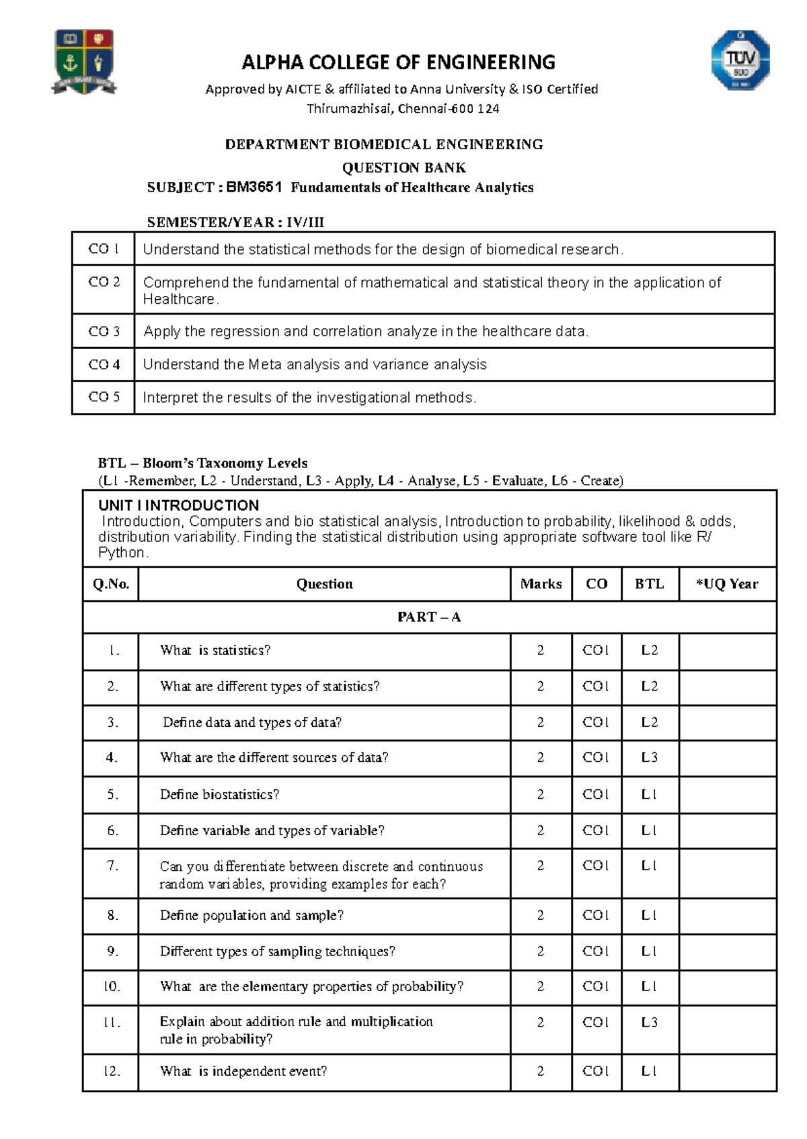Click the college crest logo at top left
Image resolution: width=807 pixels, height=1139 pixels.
(x=84, y=61)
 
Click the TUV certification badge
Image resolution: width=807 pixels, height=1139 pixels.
(x=740, y=60)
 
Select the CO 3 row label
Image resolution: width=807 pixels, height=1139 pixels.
(x=104, y=331)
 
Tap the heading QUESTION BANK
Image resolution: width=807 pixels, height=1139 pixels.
(x=403, y=167)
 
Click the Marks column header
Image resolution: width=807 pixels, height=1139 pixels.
(x=541, y=584)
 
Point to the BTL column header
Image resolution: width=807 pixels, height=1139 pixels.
(x=649, y=584)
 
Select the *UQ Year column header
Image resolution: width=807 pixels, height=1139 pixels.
(x=727, y=584)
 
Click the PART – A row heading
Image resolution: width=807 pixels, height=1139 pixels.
(x=429, y=617)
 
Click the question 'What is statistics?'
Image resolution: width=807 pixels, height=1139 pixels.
(x=215, y=650)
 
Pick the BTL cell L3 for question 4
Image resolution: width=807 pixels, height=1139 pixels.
(x=649, y=758)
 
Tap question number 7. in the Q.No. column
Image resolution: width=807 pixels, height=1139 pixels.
(x=112, y=865)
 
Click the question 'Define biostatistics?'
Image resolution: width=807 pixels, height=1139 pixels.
(x=219, y=795)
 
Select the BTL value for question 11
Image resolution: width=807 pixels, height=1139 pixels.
(x=649, y=1022)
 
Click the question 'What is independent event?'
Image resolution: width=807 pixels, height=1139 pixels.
(x=243, y=1071)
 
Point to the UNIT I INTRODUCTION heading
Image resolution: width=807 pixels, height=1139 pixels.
(x=178, y=506)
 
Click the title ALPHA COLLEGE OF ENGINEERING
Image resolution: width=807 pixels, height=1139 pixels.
(x=398, y=63)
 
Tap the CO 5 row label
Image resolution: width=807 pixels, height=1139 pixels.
(x=104, y=397)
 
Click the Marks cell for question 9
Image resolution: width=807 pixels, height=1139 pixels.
(x=540, y=951)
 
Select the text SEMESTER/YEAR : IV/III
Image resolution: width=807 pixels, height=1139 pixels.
(x=235, y=223)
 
